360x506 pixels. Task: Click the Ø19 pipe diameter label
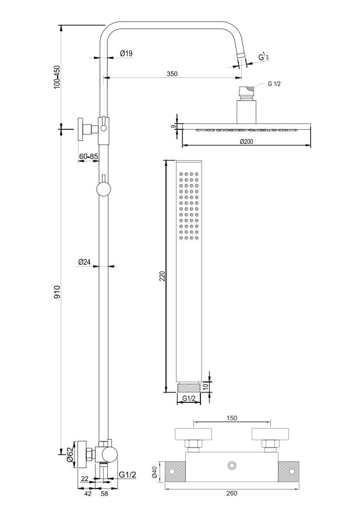(126, 54)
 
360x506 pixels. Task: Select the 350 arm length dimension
(172, 73)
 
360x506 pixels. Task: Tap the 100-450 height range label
(57, 77)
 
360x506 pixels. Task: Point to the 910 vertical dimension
(57, 292)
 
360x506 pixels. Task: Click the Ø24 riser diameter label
(84, 262)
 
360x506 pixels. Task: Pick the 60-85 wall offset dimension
(89, 157)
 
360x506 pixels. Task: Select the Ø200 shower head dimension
(246, 141)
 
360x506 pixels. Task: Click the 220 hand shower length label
(163, 276)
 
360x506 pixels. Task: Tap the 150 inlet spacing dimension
(232, 418)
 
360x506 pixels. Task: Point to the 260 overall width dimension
(232, 493)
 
